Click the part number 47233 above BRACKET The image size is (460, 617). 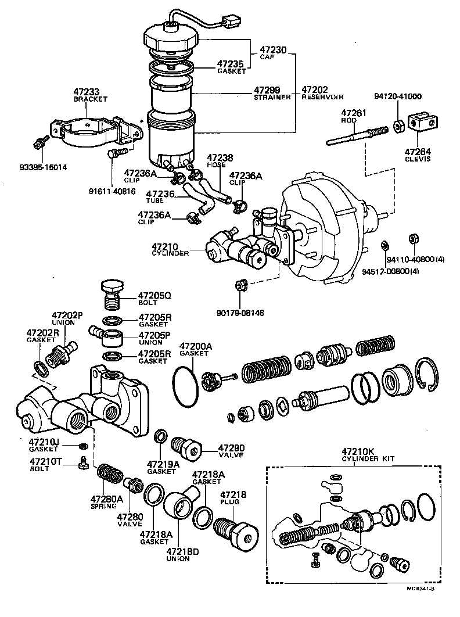tap(87, 91)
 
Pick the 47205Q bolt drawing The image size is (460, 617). tap(111, 293)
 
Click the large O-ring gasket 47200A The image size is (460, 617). tap(186, 384)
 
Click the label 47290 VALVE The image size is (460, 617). tap(231, 448)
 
